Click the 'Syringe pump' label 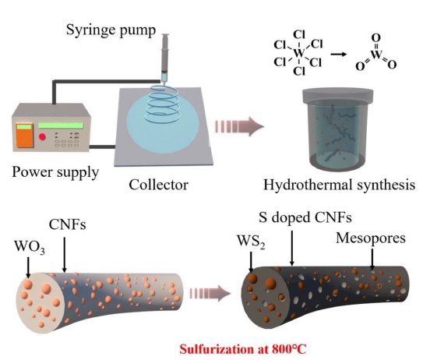click(x=111, y=30)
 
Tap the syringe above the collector click(x=165, y=58)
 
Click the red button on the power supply click(x=42, y=136)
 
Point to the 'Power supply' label click(x=55, y=172)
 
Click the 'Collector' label click(x=158, y=185)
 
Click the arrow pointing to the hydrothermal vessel click(x=239, y=126)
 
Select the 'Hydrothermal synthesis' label click(x=339, y=185)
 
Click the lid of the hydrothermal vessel click(x=338, y=94)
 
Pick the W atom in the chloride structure click(x=299, y=53)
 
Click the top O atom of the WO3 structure click(x=376, y=37)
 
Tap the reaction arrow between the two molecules click(x=339, y=55)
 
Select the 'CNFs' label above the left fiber click(x=68, y=224)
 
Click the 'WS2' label click(x=251, y=242)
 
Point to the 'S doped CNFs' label click(x=305, y=217)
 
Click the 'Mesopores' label click(x=371, y=238)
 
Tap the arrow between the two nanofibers click(x=210, y=293)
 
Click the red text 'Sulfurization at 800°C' click(x=243, y=349)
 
